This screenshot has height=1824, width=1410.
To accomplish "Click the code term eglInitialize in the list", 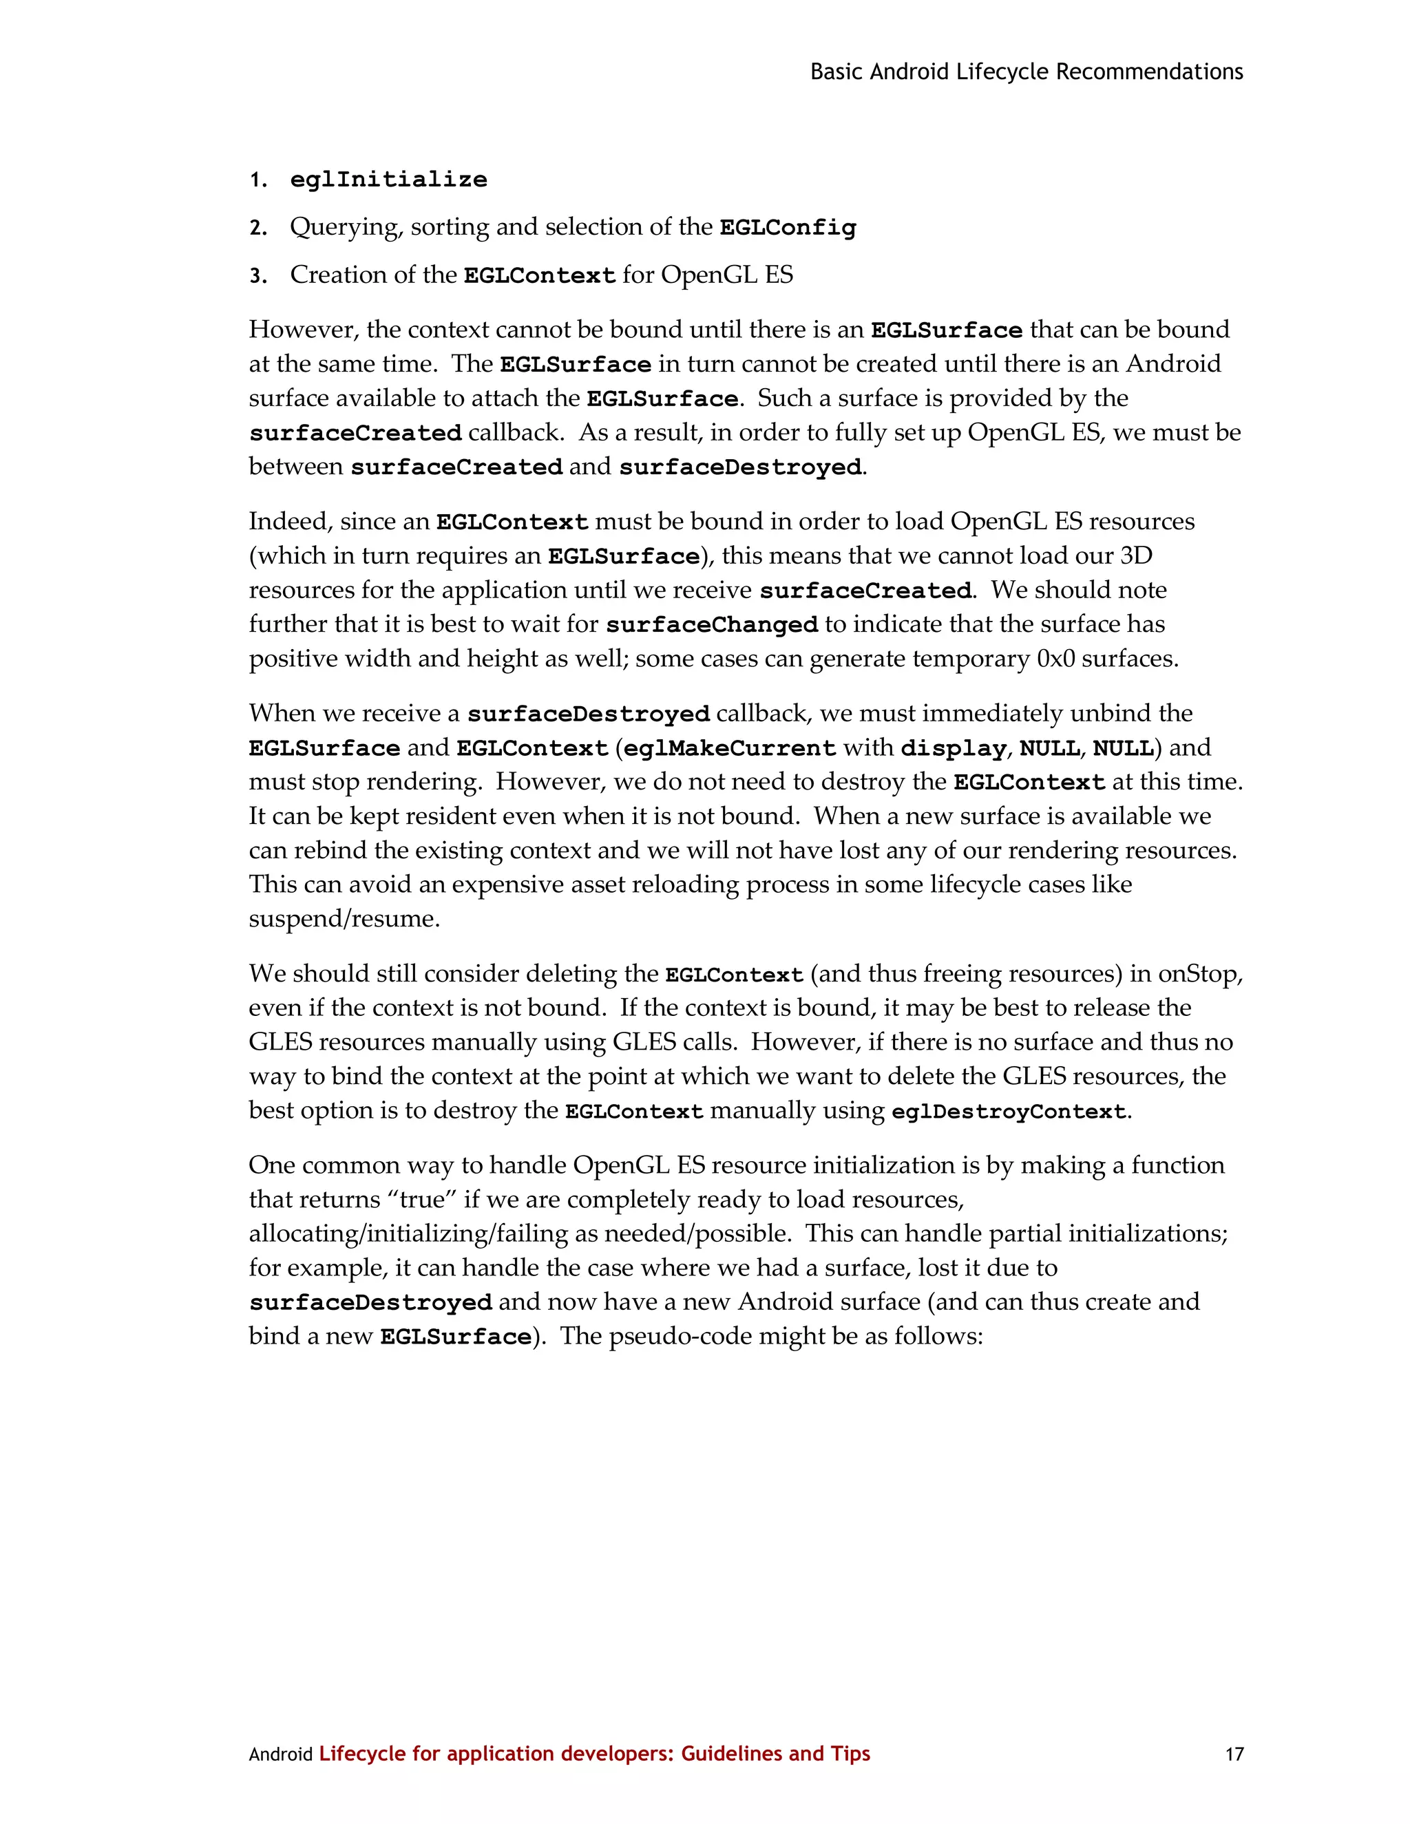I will [388, 180].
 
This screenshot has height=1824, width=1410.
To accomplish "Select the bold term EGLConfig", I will [788, 227].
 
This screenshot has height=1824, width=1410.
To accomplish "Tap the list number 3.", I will [258, 277].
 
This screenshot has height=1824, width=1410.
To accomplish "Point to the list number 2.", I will [258, 228].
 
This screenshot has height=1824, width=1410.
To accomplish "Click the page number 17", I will [1234, 1754].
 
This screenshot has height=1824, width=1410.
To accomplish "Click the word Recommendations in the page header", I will [1149, 72].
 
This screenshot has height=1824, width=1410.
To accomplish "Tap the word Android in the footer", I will [280, 1754].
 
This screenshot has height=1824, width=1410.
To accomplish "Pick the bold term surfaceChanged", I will [712, 625].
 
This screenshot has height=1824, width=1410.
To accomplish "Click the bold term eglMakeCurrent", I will [729, 748].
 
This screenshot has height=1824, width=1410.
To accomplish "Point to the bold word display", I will [953, 748].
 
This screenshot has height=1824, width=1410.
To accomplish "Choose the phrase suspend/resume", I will [344, 919].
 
